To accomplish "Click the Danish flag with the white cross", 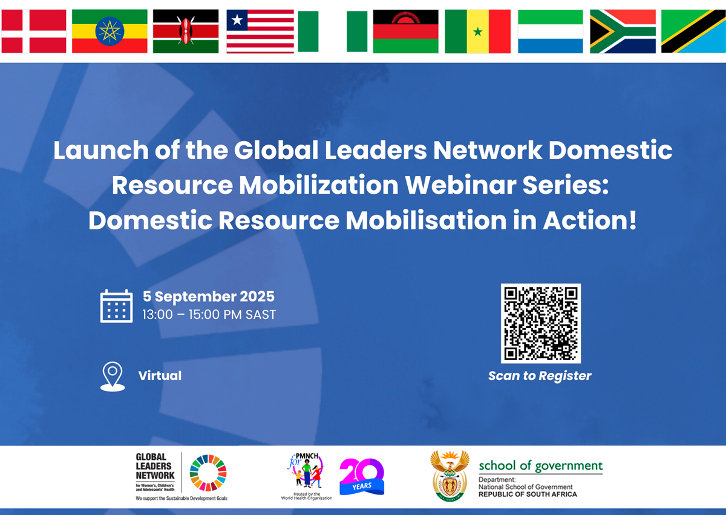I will [34, 31].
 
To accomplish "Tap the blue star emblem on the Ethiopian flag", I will [110, 30].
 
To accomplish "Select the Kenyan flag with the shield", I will [186, 31].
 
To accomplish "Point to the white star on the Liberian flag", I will [237, 21].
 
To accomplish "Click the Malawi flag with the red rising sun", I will [405, 31].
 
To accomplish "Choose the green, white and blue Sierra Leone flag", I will [551, 31].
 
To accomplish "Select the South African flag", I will [623, 31].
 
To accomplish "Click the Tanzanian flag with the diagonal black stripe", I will [693, 31].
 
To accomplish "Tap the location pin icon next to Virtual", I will [113, 376].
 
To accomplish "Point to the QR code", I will [540, 323].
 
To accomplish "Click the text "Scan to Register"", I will [540, 376].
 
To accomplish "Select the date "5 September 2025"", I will [209, 297].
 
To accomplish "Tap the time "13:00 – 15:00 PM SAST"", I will [209, 315].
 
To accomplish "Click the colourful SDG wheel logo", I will [208, 472].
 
